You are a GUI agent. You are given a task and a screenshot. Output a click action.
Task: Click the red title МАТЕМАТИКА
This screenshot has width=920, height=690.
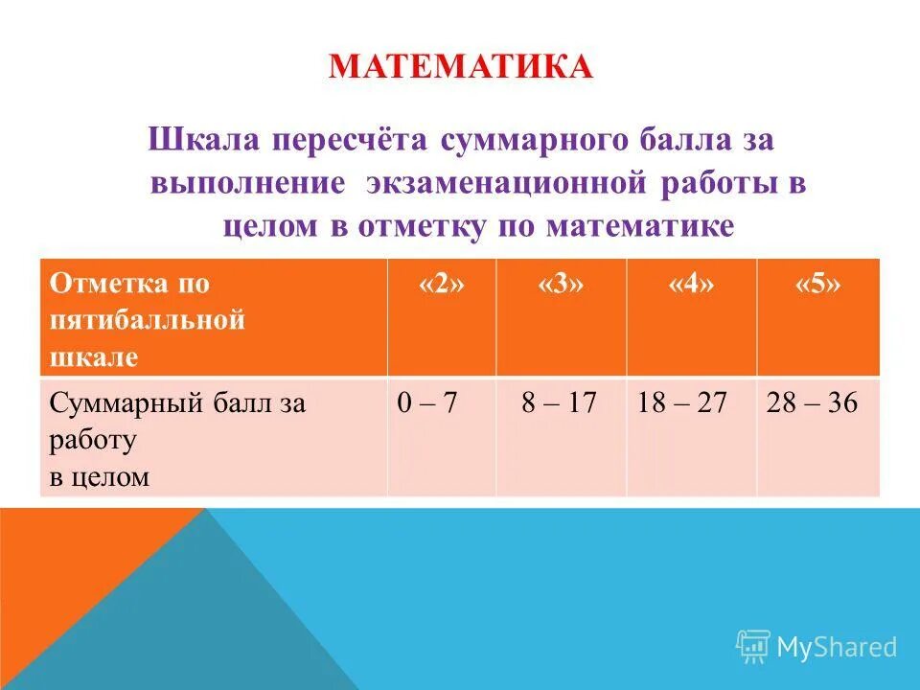(x=461, y=68)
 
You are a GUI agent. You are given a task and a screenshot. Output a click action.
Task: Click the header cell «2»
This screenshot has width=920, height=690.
(x=441, y=285)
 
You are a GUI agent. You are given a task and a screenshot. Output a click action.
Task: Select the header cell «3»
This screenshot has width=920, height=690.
(x=561, y=285)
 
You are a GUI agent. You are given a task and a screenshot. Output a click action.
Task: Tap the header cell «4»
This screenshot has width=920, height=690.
(x=691, y=285)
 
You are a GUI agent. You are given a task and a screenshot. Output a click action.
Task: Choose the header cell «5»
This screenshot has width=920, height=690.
(x=817, y=285)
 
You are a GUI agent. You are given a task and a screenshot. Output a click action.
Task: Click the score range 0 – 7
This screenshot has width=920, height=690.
(x=427, y=403)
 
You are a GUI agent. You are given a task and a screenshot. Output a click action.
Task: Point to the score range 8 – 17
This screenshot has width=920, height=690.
(x=559, y=403)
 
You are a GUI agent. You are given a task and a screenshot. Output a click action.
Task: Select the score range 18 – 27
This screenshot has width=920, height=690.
(x=681, y=403)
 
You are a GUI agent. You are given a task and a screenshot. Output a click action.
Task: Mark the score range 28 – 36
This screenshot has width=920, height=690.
(x=812, y=403)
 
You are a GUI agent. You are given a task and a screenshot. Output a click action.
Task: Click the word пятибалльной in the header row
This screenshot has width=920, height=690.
(x=148, y=320)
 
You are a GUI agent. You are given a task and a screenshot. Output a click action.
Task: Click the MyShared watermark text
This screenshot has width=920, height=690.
(x=837, y=647)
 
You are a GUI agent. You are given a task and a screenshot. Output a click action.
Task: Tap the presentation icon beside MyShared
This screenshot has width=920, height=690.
(x=753, y=646)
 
